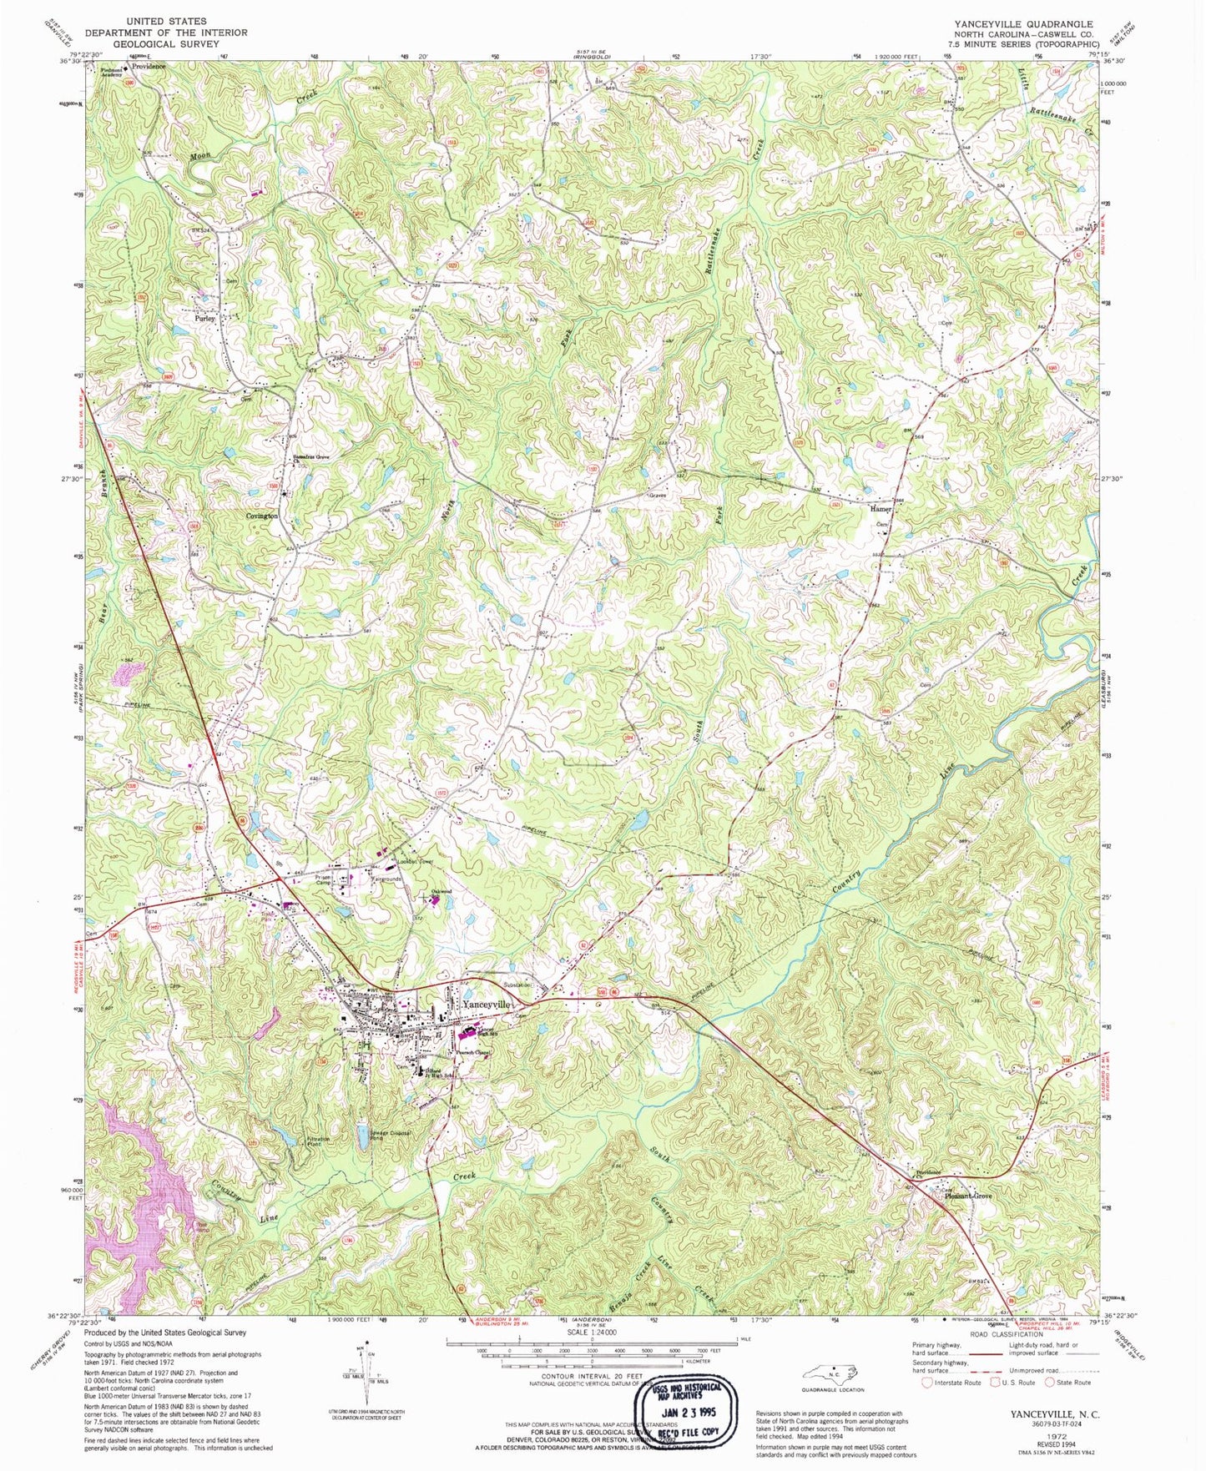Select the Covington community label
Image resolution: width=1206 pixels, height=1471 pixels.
pyautogui.click(x=261, y=516)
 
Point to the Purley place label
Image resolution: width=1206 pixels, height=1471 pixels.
pyautogui.click(x=204, y=318)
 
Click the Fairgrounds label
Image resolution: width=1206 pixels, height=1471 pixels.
pyautogui.click(x=386, y=879)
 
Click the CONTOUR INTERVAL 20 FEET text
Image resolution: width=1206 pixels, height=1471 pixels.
pyautogui.click(x=592, y=1375)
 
